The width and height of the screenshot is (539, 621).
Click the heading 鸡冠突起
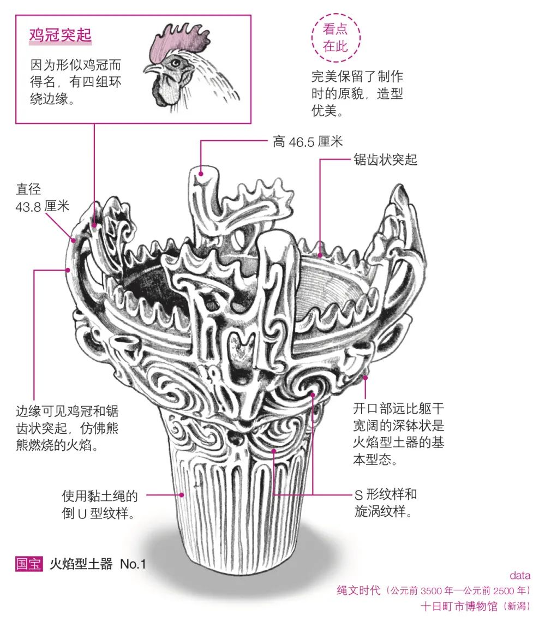60,36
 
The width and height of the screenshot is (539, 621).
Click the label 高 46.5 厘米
308,142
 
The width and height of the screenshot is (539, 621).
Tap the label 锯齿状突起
385,160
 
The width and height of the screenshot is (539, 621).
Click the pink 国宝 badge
28,564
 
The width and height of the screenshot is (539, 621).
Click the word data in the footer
519,575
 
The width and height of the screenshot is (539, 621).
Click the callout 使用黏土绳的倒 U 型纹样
99,504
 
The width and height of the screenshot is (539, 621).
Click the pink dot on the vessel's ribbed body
182,495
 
